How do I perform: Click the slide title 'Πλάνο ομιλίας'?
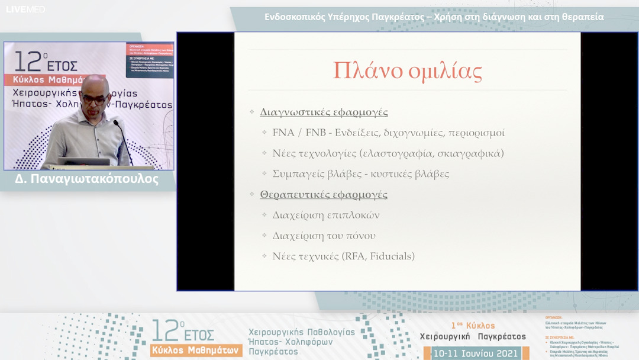407,70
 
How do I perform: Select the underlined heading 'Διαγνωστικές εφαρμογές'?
324,112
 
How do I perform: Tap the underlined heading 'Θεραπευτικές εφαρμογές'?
324,194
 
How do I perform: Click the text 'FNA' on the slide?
283,133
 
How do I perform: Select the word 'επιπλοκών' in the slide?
353,215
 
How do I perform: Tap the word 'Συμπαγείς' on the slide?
298,174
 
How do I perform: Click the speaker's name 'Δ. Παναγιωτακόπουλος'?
88,179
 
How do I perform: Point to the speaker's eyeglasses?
94,99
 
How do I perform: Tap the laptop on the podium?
83,161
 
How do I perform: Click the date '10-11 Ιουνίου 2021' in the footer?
476,353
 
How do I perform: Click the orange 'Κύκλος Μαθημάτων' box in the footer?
196,350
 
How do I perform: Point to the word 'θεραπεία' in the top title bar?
582,17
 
